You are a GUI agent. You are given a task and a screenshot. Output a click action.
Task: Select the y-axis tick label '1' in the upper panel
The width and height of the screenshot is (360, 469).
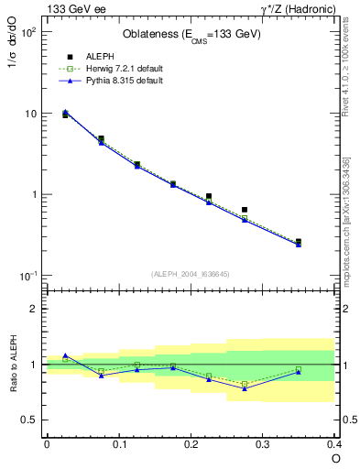33,195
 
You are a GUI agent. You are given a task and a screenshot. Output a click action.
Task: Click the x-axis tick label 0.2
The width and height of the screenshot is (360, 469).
191,444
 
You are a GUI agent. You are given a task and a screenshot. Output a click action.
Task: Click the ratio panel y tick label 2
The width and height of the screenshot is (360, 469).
35,309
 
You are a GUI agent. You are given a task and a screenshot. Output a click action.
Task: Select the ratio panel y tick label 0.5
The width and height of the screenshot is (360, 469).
29,420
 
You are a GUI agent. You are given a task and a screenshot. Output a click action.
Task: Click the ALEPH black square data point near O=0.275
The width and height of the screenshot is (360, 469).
245,210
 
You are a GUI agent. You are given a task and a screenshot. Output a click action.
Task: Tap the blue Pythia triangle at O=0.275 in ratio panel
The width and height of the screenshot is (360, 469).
245,388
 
